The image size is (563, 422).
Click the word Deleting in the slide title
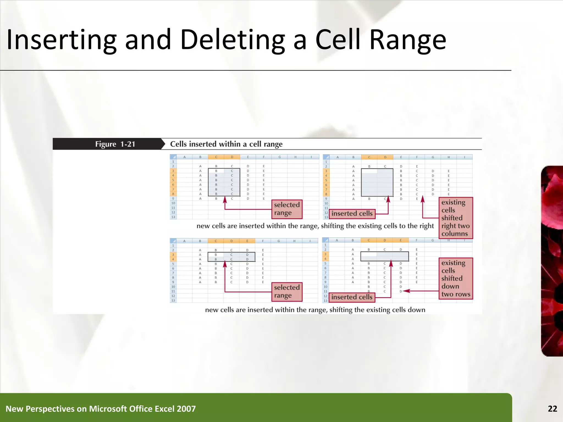coord(232,40)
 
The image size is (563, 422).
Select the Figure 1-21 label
coord(115,144)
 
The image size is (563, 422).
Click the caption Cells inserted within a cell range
coord(226,144)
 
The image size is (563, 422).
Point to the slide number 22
coord(552,409)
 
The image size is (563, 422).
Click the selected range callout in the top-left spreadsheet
coord(287,209)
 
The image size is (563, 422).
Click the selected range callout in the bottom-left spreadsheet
coord(287,292)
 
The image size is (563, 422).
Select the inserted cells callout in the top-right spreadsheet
coord(352,213)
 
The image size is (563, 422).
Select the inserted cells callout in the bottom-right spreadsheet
coord(352,297)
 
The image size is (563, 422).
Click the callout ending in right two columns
coord(456,218)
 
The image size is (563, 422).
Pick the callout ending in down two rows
coord(456,278)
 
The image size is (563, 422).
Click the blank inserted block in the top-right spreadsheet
coord(377,182)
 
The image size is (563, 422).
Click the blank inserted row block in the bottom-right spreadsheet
coord(384,256)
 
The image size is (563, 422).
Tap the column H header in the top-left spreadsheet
coord(295,157)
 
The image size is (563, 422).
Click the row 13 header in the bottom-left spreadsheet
coord(173,300)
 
